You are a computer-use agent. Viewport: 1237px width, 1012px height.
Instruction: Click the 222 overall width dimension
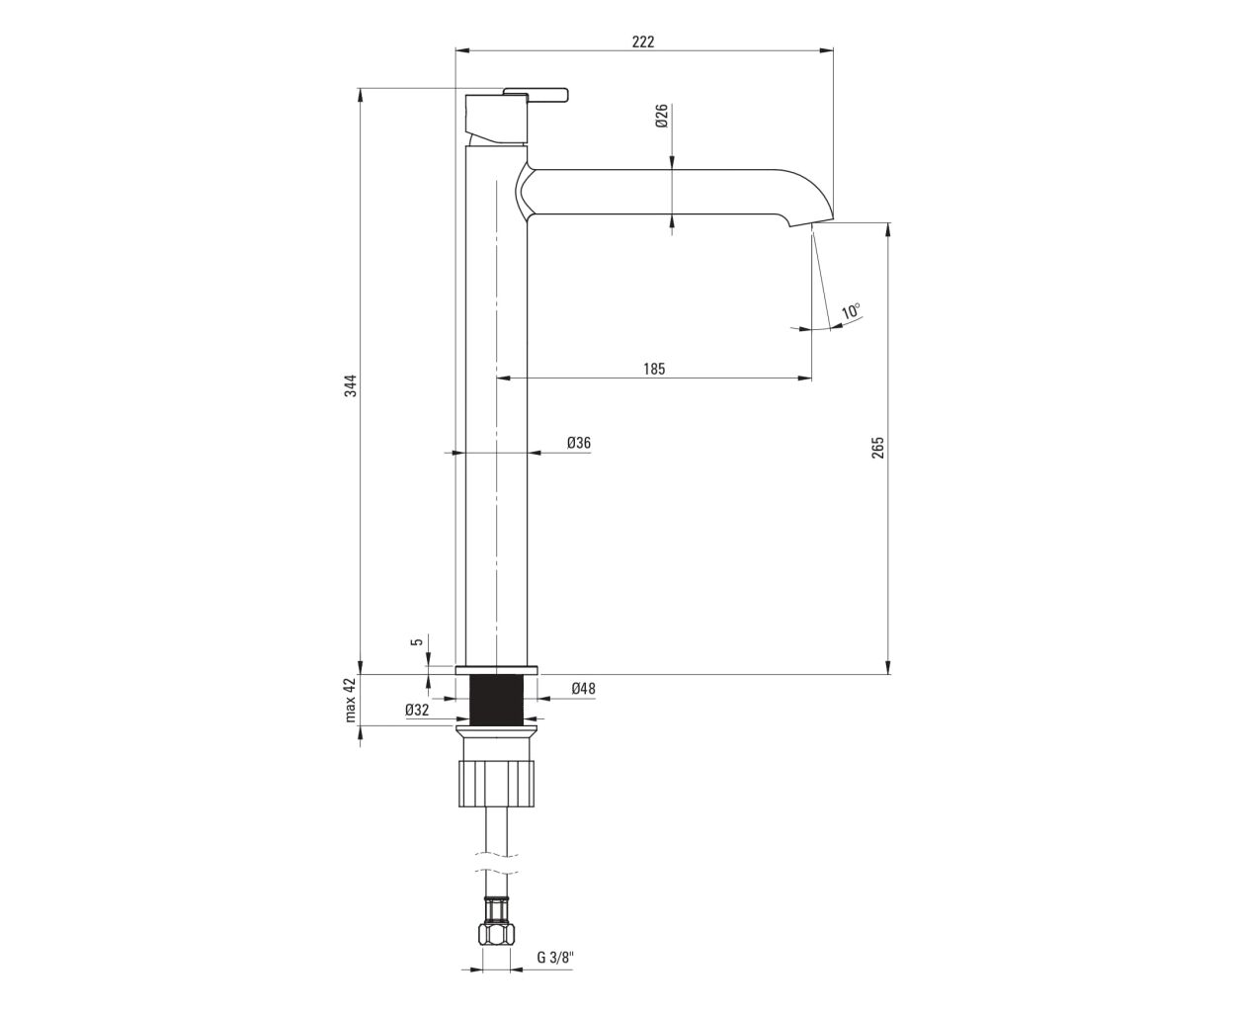[643, 42]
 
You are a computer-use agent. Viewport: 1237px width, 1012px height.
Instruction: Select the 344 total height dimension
[350, 385]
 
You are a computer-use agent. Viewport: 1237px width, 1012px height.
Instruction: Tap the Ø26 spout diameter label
[662, 116]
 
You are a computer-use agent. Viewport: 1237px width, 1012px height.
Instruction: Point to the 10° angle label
[851, 310]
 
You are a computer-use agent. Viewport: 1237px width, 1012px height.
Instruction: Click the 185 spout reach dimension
[654, 369]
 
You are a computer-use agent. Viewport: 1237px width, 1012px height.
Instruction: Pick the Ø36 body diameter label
[579, 443]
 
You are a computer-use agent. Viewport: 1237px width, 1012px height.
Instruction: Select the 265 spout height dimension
[877, 448]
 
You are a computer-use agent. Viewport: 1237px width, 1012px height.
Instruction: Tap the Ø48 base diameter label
[583, 688]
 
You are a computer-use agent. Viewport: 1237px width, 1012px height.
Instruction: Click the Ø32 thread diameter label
[417, 710]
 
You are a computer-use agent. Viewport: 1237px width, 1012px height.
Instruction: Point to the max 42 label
[350, 700]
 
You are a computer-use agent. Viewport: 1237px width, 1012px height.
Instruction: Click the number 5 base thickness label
[418, 641]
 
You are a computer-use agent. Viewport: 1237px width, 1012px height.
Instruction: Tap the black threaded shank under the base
[497, 699]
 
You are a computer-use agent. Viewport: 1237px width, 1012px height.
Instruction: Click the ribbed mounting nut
[497, 783]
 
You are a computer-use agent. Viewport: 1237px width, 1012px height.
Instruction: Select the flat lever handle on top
[536, 95]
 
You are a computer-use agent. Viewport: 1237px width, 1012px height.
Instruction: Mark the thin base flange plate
[497, 670]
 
